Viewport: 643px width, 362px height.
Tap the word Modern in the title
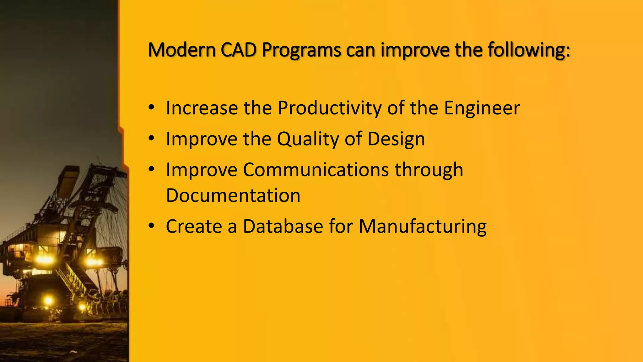182,50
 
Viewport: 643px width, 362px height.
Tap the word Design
396,139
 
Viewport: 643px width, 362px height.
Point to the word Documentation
233,195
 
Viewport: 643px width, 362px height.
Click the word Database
283,226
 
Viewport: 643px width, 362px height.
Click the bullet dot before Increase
152,107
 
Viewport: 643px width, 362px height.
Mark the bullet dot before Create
152,226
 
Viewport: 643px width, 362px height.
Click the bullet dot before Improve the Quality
152,138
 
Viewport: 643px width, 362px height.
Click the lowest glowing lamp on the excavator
48,300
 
